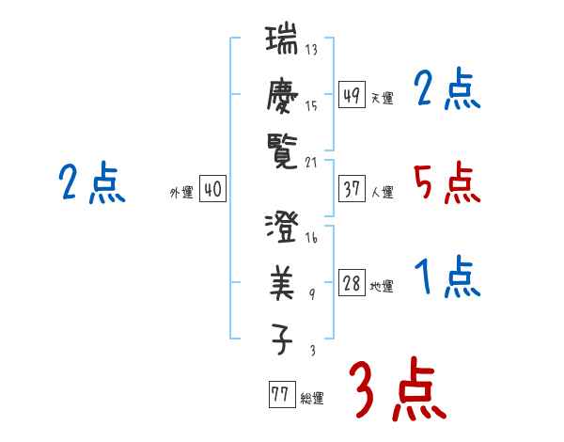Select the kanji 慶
pos(282,94)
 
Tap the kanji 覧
pos(282,148)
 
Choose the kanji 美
pos(282,282)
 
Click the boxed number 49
pos(352,95)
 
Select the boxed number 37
pos(352,189)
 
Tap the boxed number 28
pos(352,284)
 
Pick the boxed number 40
pos(212,190)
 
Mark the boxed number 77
pos(280,395)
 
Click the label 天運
pos(382,98)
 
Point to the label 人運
pos(382,192)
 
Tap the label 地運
pos(382,287)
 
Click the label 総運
pos(312,398)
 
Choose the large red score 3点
pos(396,389)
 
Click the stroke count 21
pos(311,161)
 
